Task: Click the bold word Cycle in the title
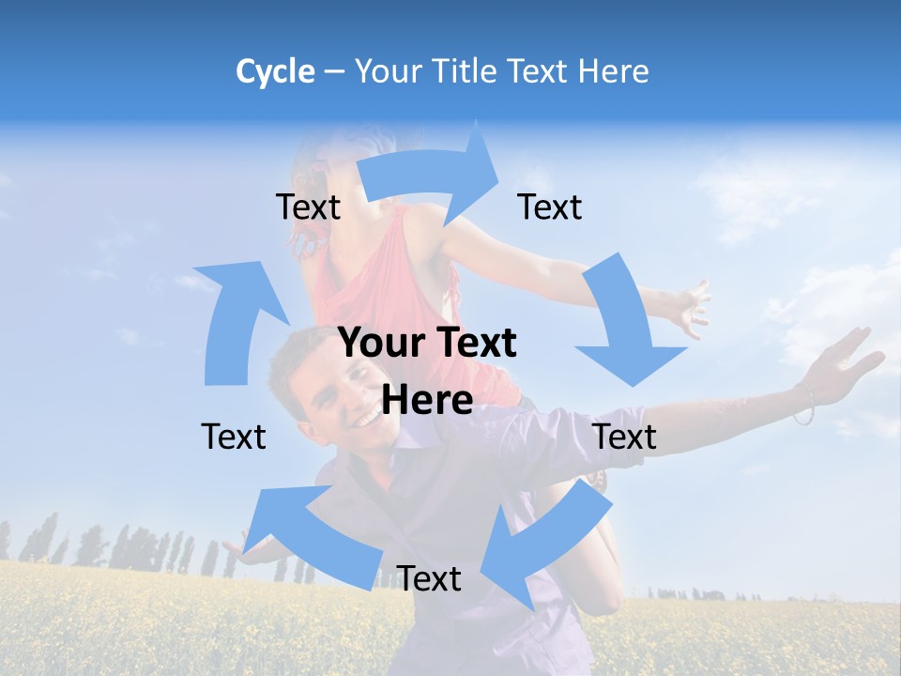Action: coord(275,71)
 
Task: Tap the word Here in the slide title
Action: coord(614,71)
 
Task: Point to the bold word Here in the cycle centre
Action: coord(427,399)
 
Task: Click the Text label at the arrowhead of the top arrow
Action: coord(550,207)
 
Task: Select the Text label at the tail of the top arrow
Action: coord(308,207)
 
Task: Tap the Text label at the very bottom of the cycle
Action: coord(429,578)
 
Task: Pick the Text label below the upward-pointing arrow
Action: coord(234,437)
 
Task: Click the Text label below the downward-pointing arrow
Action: coord(624,437)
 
